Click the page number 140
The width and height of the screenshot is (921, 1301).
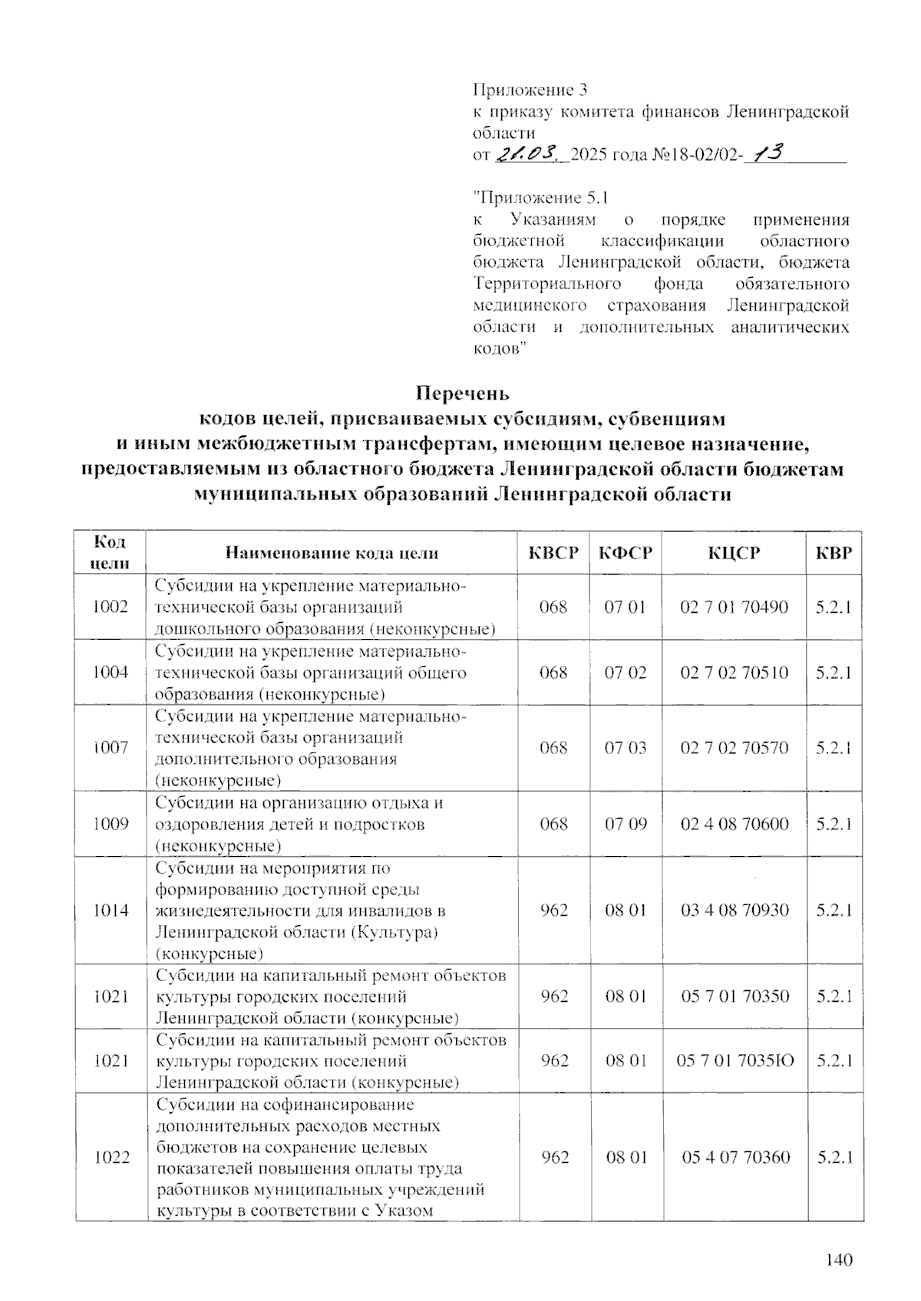coord(840,1260)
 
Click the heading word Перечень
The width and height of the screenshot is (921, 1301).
coord(462,394)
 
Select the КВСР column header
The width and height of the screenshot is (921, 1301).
coord(553,553)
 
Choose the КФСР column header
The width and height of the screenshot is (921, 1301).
coord(626,553)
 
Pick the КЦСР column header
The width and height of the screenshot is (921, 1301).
coord(734,553)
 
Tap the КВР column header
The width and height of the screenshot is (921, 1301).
coord(834,553)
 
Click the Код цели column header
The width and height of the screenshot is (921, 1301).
coord(110,552)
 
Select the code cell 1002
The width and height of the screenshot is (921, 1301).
coord(110,607)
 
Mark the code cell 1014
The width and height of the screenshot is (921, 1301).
coord(111,911)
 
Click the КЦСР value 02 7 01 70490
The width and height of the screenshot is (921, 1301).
coord(734,607)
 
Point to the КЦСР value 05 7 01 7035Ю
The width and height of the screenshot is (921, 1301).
coord(734,1061)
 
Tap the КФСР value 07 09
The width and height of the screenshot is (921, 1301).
coord(626,824)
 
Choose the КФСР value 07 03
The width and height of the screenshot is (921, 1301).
coord(626,748)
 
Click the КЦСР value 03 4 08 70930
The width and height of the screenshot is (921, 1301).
coord(734,911)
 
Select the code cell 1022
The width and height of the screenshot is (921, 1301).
coord(111,1158)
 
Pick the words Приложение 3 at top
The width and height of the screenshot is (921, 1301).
coord(530,90)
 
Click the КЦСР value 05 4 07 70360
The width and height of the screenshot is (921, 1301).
coord(735,1158)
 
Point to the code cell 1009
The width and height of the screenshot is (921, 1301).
coord(111,824)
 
